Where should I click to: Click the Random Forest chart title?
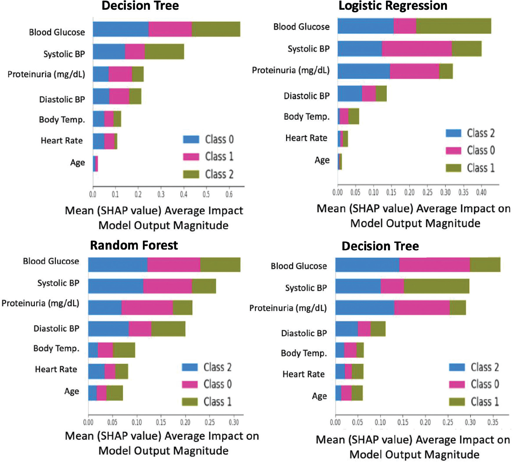(134, 245)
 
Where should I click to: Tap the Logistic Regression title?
(393, 6)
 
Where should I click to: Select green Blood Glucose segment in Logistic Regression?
(453, 26)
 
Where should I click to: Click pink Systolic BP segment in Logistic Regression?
(416, 49)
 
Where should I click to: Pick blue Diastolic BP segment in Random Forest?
(108, 328)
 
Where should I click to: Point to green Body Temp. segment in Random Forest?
(124, 350)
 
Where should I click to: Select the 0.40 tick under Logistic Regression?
(481, 192)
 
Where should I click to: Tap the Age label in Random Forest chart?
(72, 391)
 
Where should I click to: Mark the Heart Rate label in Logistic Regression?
(306, 138)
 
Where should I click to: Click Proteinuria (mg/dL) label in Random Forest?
(40, 303)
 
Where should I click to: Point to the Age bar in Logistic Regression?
(339, 162)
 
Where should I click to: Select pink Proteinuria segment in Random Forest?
(147, 307)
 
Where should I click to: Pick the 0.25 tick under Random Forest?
(210, 422)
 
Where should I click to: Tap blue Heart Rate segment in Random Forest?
(96, 371)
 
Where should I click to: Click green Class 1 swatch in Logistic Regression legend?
(453, 168)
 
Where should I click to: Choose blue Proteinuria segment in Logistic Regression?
(363, 71)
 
